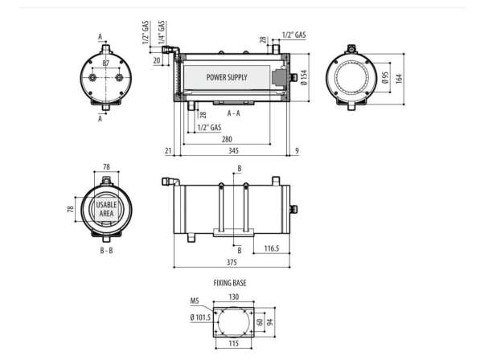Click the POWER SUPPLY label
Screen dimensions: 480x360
click(x=227, y=77)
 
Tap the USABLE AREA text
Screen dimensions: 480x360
click(x=106, y=209)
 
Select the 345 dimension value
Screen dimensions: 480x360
click(x=234, y=150)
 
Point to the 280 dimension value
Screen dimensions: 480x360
click(x=227, y=140)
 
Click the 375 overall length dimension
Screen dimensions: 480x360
click(x=232, y=262)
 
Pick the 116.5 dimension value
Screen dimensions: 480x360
click(x=272, y=248)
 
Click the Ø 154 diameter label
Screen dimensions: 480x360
click(x=304, y=77)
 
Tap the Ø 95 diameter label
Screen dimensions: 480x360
click(x=385, y=78)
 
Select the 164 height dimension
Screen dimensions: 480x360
click(x=399, y=78)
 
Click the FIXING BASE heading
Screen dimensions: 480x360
click(x=230, y=283)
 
